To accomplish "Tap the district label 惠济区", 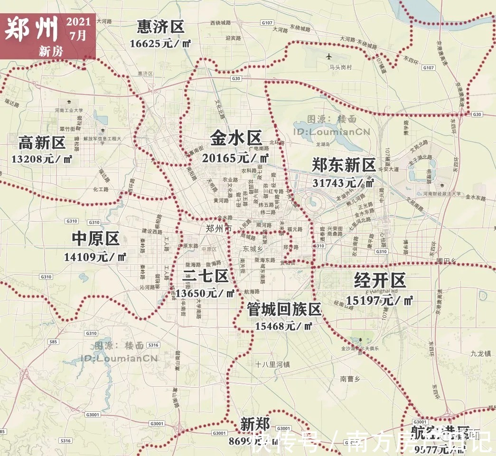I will pyautogui.click(x=160, y=27).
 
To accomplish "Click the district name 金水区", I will pyautogui.click(x=236, y=139).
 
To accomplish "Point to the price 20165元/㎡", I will pyautogui.click(x=235, y=158).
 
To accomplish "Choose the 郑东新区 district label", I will pyautogui.click(x=344, y=165).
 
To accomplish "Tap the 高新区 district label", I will pyautogui.click(x=42, y=142).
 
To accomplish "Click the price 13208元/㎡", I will pyautogui.click(x=42, y=159).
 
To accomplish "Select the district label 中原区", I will pyautogui.click(x=95, y=239).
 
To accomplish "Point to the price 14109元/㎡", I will pyautogui.click(x=95, y=257).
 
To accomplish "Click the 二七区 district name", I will pyautogui.click(x=205, y=275).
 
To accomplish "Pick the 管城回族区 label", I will pyautogui.click(x=284, y=310).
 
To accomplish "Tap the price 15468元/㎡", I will pyautogui.click(x=283, y=326).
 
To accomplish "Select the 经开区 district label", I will pyautogui.click(x=380, y=281).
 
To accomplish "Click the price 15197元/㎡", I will pyautogui.click(x=379, y=300).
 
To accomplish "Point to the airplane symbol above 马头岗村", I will pyautogui.click(x=329, y=57).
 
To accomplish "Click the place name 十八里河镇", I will pyautogui.click(x=272, y=364).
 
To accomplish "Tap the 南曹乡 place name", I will pyautogui.click(x=351, y=379).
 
